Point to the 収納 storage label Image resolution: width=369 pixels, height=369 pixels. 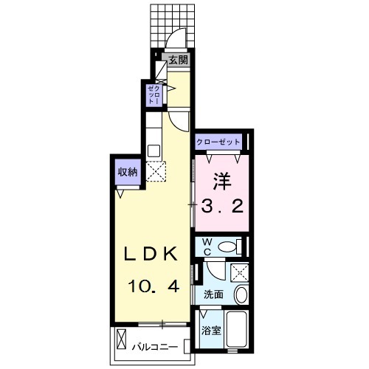(126, 172)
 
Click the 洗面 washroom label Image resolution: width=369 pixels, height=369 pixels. (213, 294)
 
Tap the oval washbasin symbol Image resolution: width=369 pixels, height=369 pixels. (241, 295)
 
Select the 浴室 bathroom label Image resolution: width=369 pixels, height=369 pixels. (212, 331)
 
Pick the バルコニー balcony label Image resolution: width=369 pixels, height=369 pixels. (154, 345)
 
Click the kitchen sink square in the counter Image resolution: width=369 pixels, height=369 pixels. (154, 151)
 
